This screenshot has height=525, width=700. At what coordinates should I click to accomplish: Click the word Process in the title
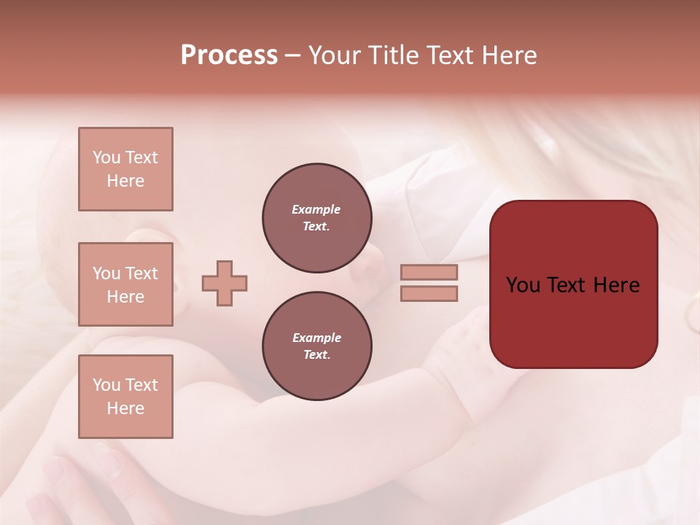click(x=229, y=55)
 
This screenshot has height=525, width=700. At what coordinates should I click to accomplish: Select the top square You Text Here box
click(x=125, y=169)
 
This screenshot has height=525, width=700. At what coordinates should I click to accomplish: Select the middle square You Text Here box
click(x=125, y=284)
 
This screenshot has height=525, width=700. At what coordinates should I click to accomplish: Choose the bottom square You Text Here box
click(x=125, y=397)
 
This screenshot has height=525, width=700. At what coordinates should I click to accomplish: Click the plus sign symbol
click(x=225, y=283)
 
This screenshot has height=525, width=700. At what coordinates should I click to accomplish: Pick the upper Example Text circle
click(x=317, y=218)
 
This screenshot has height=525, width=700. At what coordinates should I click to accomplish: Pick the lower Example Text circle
click(x=317, y=346)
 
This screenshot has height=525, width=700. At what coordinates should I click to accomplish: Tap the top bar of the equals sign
click(x=429, y=272)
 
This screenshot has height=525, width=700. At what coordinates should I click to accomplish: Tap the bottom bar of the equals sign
click(x=429, y=294)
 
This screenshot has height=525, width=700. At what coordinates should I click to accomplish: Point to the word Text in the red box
click(x=566, y=285)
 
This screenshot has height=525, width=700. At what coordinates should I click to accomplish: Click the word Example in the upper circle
click(x=316, y=209)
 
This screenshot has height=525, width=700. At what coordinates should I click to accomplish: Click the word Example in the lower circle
click(x=316, y=338)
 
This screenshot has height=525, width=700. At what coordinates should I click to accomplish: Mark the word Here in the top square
click(x=125, y=181)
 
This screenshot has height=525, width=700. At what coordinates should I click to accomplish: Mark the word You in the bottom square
click(x=106, y=385)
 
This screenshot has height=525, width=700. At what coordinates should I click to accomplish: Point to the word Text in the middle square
click(x=141, y=273)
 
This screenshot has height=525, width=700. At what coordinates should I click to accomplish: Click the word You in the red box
click(x=524, y=285)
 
